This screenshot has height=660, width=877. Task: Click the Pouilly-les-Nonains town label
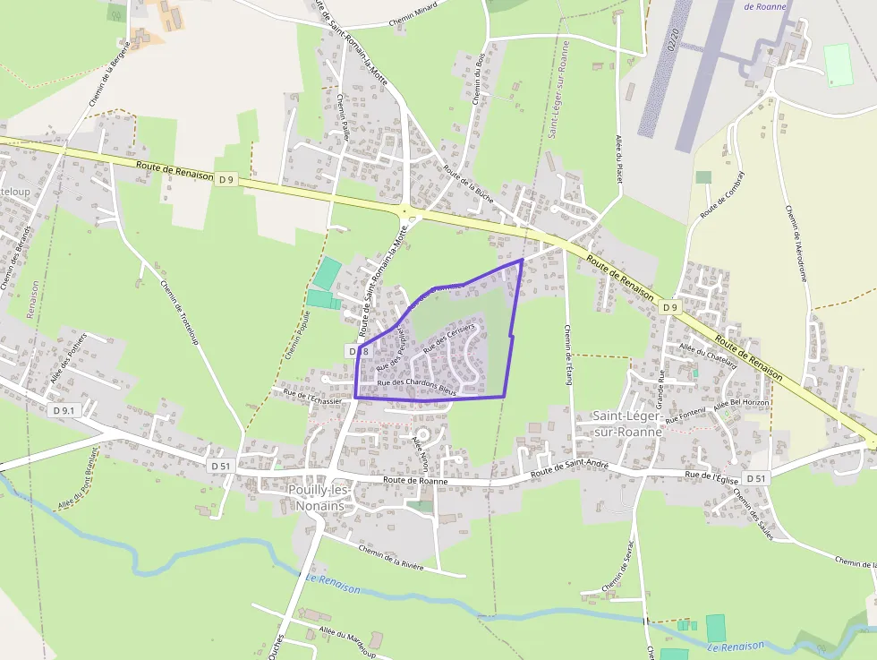pyautogui.click(x=318, y=497)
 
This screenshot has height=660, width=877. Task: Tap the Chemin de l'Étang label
pyautogui.click(x=567, y=355)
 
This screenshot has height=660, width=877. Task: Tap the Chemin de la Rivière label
pyautogui.click(x=390, y=557)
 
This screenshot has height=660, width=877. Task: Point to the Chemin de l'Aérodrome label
pyautogui.click(x=796, y=243)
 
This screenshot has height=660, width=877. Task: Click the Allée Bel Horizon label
pyautogui.click(x=741, y=404)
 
